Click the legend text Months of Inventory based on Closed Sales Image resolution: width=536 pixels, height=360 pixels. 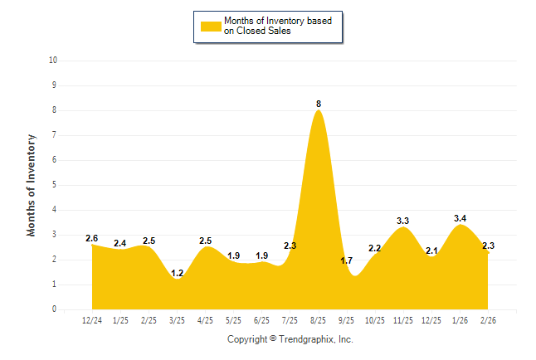pyautogui.click(x=278, y=26)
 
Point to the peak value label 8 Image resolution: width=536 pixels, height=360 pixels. pyautogui.click(x=319, y=104)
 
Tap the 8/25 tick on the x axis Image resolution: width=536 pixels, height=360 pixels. pyautogui.click(x=318, y=319)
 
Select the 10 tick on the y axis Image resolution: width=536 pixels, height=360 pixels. pyautogui.click(x=53, y=61)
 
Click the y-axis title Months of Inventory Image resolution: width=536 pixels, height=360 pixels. pyautogui.click(x=32, y=185)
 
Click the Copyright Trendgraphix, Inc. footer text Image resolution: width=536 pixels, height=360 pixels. pyautogui.click(x=290, y=339)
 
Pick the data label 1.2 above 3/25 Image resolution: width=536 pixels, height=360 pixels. pyautogui.click(x=177, y=272)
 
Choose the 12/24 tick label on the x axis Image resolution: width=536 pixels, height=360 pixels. pyautogui.click(x=92, y=319)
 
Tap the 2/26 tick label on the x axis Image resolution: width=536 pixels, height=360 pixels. pyautogui.click(x=487, y=319)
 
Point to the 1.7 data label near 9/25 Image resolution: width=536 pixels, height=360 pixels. pyautogui.click(x=346, y=260)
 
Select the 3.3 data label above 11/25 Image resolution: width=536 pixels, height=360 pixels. pyautogui.click(x=403, y=221)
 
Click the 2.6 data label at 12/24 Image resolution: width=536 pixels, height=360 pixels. pyautogui.click(x=92, y=238)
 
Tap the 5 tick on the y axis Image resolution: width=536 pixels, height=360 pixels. pyautogui.click(x=55, y=185)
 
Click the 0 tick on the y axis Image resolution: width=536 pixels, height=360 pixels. pyautogui.click(x=55, y=309)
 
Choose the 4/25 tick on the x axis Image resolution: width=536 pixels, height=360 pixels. pyautogui.click(x=205, y=319)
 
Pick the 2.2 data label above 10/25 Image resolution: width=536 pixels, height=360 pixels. pyautogui.click(x=374, y=248)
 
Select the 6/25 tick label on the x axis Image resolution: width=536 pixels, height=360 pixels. pyautogui.click(x=261, y=319)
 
